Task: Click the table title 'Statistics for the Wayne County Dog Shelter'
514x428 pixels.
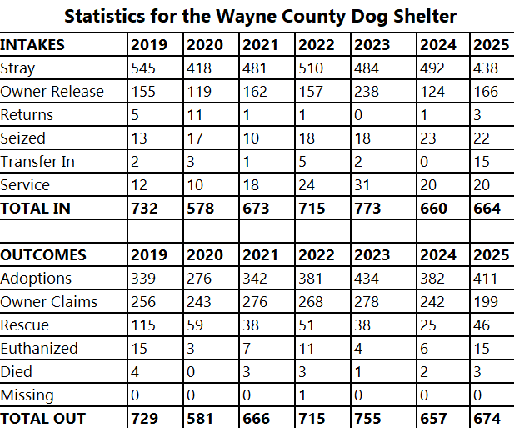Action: tap(261, 16)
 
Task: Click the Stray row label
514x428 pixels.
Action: tap(18, 68)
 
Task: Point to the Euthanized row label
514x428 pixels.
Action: tap(39, 349)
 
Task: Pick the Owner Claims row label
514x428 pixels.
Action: tap(49, 302)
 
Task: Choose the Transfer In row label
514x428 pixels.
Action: tap(37, 162)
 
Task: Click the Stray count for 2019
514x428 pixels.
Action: tap(144, 68)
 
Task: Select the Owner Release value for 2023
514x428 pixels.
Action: tap(367, 92)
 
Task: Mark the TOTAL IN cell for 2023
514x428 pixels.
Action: tap(367, 209)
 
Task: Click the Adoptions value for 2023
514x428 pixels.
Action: tap(367, 279)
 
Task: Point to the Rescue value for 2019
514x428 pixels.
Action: tap(144, 325)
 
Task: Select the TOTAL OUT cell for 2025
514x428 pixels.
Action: tap(487, 419)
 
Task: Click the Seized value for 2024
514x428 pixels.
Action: tap(429, 138)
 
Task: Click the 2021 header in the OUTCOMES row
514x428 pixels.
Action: tap(258, 255)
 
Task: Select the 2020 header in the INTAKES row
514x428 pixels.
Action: tap(204, 45)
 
